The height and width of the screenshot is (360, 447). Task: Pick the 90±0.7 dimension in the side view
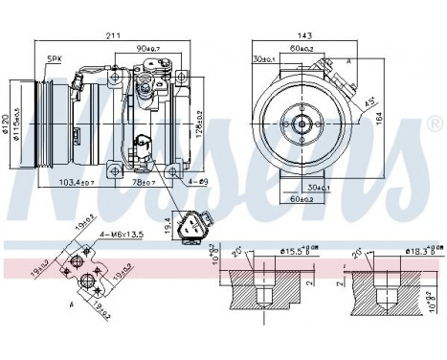click(149, 48)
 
